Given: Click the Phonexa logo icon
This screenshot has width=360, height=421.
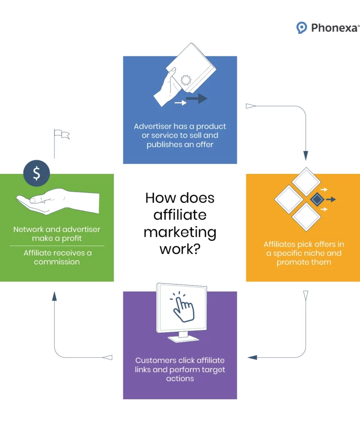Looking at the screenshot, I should pos(302,28).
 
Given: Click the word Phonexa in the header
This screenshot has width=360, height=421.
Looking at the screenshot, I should pos(335,28).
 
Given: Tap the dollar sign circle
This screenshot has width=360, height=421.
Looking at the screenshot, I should pos(37,173).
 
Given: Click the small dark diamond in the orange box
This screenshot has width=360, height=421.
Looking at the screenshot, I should pos(317,199).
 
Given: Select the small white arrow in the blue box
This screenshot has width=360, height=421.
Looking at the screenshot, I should pos(180,102).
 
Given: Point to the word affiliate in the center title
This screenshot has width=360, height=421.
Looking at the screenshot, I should pos(180,215).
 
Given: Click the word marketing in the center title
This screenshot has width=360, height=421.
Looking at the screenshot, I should pos(180,232).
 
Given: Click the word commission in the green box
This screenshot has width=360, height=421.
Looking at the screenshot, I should pos(57,262).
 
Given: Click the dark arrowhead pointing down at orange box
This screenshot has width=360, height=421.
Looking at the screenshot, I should pos(306,155).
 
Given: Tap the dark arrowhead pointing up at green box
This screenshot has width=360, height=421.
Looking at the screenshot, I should pos(54,296).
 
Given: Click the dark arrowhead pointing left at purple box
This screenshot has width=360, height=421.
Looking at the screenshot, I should pos(252,357).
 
